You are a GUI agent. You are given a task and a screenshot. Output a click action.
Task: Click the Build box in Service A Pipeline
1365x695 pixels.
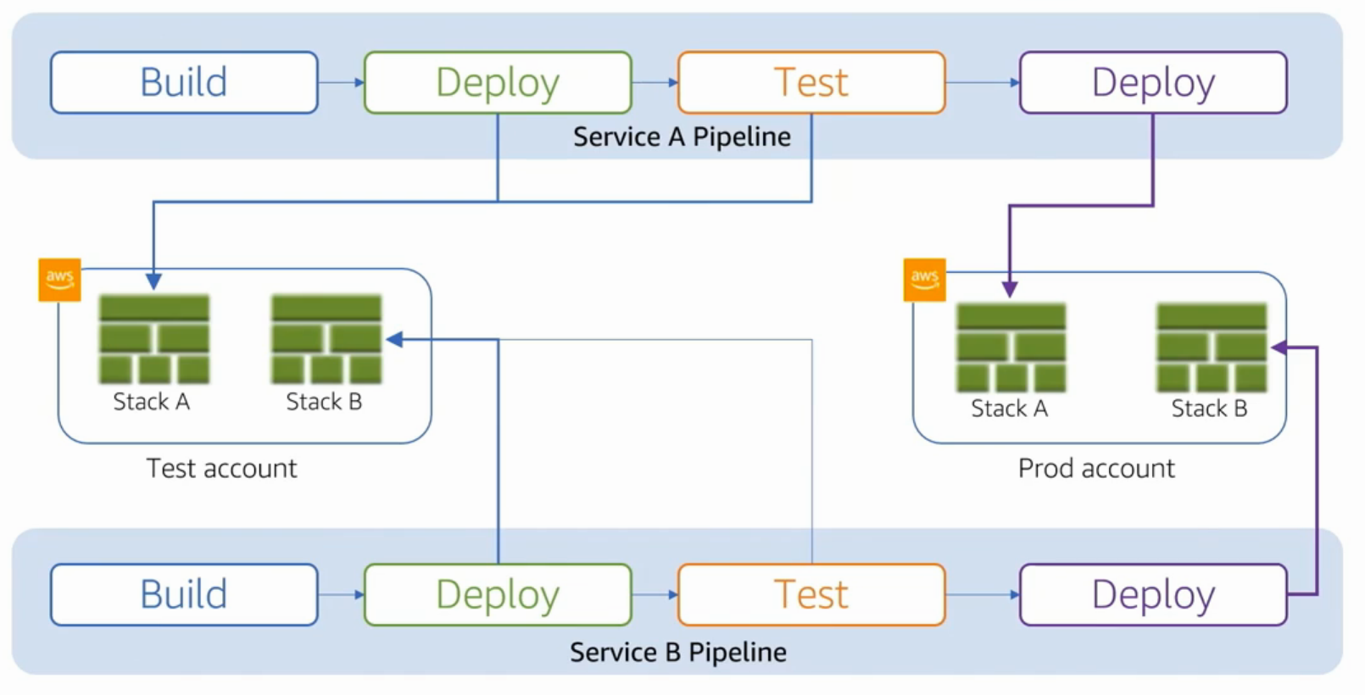point(184,82)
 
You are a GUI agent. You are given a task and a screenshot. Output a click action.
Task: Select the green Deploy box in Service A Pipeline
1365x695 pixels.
point(498,82)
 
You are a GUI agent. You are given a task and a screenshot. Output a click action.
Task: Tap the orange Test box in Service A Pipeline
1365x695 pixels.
point(811,82)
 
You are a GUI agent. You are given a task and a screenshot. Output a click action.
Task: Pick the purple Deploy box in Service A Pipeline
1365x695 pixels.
point(1153,82)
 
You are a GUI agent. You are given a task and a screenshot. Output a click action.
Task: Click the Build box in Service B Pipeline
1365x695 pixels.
point(184,594)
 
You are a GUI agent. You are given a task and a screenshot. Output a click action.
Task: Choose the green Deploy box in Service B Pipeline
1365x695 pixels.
point(498,594)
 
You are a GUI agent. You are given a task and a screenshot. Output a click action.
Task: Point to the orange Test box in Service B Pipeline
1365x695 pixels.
point(811,594)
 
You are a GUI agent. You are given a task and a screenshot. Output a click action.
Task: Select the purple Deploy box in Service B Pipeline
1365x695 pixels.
point(1153,594)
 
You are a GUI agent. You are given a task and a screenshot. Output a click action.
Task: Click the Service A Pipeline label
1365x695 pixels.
point(682,136)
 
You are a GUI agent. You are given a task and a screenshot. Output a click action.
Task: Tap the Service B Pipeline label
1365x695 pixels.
point(678,652)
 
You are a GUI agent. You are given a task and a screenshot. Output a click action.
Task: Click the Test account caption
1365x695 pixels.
point(222,469)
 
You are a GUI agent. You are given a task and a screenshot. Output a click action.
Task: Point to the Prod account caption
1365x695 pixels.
point(1096,469)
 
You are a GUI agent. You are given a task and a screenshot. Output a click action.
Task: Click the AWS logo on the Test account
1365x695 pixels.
point(60,280)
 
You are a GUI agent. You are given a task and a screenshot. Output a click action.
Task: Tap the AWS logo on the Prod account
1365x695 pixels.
point(925,280)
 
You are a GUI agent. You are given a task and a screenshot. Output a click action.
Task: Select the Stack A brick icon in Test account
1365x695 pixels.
point(154,339)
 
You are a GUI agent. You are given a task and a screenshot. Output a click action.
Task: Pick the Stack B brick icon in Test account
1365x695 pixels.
point(326,339)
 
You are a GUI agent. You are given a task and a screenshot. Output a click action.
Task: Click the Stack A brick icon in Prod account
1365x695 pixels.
point(1011,347)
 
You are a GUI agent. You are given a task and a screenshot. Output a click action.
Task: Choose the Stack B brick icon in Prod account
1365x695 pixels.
point(1212,347)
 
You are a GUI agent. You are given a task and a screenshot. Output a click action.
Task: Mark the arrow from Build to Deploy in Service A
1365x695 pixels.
point(341,82)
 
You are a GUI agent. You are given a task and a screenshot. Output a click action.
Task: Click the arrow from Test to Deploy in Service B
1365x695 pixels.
point(982,594)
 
